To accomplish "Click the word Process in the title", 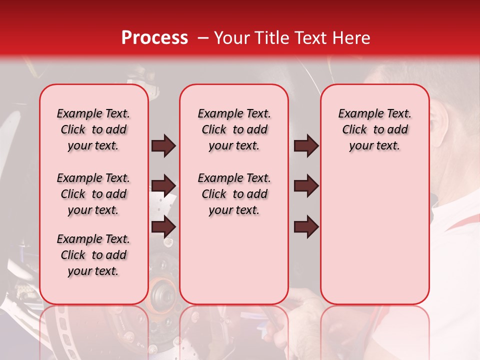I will tap(154, 38).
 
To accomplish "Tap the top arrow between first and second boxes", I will tap(163, 145).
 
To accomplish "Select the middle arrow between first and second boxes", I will tap(163, 186).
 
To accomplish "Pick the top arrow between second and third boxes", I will tap(306, 145).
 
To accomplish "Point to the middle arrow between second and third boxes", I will tap(306, 186).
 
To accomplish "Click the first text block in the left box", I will tap(93, 129).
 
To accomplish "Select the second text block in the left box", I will tap(93, 194).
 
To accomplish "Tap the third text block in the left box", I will tap(93, 255).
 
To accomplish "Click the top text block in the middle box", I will tap(234, 129).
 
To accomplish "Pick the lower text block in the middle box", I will tap(234, 194).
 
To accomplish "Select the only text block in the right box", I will tap(375, 129).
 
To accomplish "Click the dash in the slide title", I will tap(202, 38).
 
